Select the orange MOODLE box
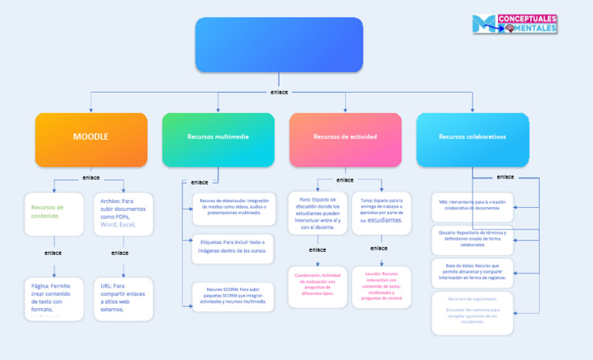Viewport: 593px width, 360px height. tap(91, 139)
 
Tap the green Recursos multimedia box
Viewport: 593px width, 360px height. tap(218, 139)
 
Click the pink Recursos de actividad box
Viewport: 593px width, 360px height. tap(345, 139)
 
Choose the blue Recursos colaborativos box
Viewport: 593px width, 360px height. tap(473, 139)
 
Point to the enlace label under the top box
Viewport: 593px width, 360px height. tap(279, 92)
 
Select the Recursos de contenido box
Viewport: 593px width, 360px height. tap(54, 214)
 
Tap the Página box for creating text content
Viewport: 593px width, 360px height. tap(54, 297)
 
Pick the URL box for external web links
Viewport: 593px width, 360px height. tap(124, 297)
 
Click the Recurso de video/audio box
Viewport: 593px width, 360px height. tap(233, 209)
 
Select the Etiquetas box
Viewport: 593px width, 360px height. tap(233, 246)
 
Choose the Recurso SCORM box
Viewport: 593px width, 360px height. tap(233, 295)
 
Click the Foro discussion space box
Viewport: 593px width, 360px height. tap(317, 212)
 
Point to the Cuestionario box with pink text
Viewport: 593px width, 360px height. tap(317, 286)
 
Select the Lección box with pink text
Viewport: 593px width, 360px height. tap(381, 286)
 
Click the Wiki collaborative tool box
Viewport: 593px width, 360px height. tap(472, 205)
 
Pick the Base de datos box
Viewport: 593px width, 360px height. tap(472, 272)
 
